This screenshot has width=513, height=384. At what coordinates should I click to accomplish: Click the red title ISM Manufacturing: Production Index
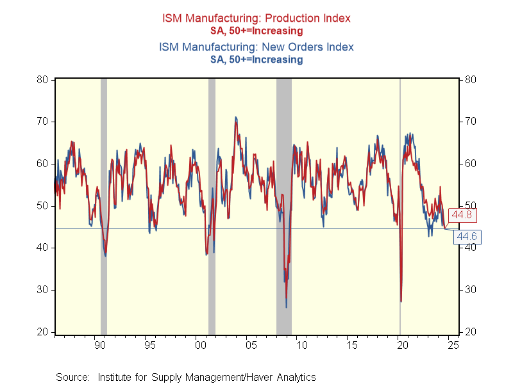[x=256, y=19]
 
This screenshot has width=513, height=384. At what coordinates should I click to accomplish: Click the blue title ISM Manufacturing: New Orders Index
[x=256, y=47]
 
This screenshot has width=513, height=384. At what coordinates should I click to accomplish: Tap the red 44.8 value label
[x=464, y=214]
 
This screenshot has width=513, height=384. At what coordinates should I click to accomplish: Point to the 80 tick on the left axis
[x=43, y=80]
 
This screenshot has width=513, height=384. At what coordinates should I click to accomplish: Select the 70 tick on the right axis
[x=470, y=122]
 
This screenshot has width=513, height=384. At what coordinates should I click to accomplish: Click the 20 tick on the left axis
[x=43, y=332]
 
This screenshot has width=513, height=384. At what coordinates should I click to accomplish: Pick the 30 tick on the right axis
[x=470, y=290]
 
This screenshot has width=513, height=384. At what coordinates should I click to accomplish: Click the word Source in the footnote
[x=71, y=377]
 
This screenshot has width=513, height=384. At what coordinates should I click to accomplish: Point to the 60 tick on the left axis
[x=43, y=164]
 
